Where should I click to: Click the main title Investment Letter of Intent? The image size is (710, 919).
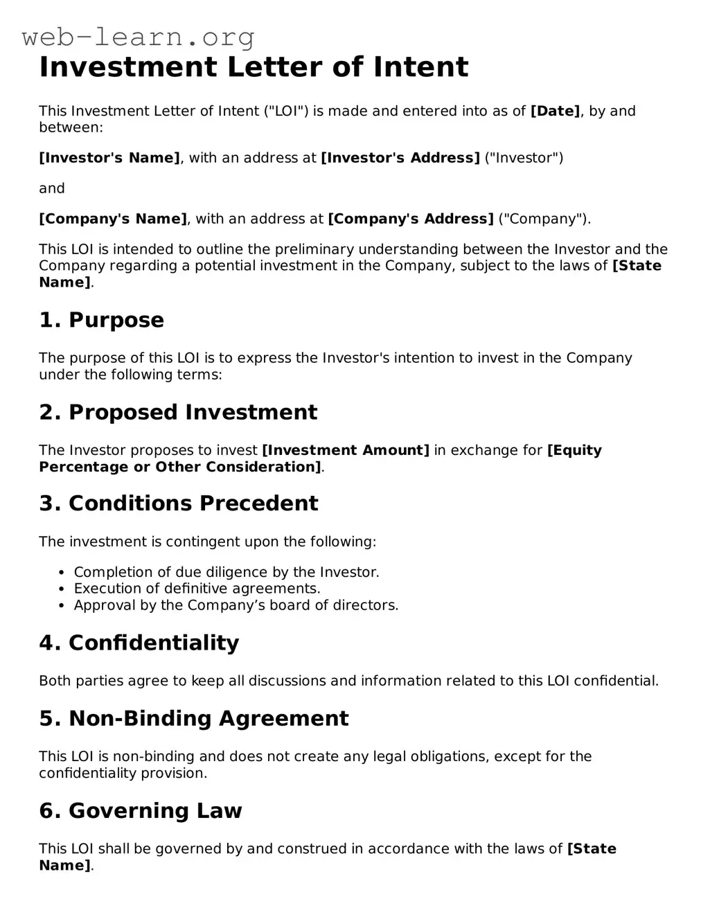coord(254,67)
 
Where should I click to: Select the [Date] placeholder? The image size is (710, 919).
coord(555,111)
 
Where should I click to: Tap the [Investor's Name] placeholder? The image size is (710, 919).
coord(109,158)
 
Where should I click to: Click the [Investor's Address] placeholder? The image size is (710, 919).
coord(400,158)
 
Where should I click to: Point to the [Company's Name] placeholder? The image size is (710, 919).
coord(113,219)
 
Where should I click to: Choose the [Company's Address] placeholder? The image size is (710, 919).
coord(410,219)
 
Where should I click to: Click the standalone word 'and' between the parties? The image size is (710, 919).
coord(51,188)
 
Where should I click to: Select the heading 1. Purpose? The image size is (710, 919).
coord(101,320)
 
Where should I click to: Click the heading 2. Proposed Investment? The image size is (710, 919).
coord(178,412)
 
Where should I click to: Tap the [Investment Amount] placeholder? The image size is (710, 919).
coord(345,450)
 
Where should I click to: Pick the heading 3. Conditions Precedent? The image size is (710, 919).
coord(178,503)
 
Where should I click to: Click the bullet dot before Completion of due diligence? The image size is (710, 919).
coord(62,573)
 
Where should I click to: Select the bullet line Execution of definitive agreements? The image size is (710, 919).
coord(197,589)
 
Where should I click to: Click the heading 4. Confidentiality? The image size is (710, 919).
coord(139,643)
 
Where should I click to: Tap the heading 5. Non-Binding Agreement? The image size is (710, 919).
coord(193,718)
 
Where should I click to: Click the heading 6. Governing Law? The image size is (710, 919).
coord(140,810)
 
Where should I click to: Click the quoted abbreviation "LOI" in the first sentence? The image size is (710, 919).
coord(287,111)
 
